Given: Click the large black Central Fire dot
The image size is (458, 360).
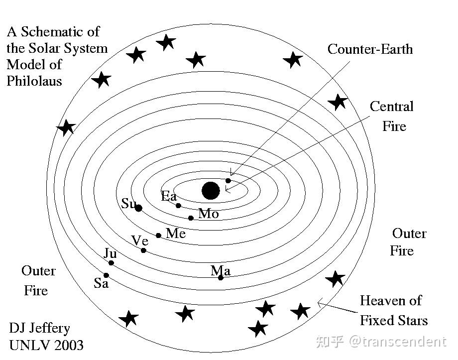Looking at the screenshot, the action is click(x=211, y=190).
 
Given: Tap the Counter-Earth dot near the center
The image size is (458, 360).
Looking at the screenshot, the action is click(x=229, y=181).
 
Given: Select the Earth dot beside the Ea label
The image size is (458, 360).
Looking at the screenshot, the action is click(x=178, y=206).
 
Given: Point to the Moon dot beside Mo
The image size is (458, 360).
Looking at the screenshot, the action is click(x=191, y=218).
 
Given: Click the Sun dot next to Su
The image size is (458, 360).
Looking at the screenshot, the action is click(x=138, y=208).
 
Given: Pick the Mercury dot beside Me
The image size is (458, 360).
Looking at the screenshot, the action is click(x=159, y=236).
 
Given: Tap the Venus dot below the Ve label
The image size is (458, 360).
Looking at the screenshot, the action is click(x=144, y=250).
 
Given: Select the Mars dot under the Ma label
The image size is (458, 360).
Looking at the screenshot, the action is click(x=221, y=277).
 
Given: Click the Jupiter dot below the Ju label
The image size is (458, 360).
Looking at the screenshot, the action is click(x=112, y=263).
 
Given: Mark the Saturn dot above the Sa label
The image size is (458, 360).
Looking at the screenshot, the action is click(x=106, y=275).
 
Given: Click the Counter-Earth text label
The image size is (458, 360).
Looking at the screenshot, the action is click(x=370, y=49).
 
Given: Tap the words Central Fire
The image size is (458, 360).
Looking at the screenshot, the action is click(x=392, y=116).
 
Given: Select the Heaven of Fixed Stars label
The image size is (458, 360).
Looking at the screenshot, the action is click(x=393, y=310).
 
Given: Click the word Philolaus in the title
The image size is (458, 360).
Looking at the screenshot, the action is click(x=34, y=81).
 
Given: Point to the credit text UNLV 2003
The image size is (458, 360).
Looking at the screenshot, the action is click(x=46, y=345).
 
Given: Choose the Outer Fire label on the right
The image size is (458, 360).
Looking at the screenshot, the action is click(x=408, y=242).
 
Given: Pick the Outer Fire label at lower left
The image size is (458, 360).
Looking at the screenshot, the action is click(x=38, y=281).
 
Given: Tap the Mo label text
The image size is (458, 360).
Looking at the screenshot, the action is click(x=209, y=214).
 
